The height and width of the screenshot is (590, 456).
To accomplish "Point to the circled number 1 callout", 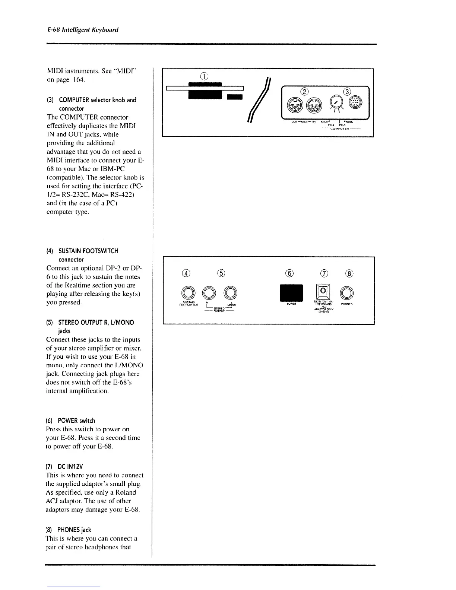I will [x=203, y=76].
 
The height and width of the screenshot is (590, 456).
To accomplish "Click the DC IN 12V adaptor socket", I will [x=323, y=291].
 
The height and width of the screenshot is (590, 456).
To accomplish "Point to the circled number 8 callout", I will [x=349, y=273].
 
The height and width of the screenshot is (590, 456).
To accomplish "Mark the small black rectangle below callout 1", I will [x=234, y=97].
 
